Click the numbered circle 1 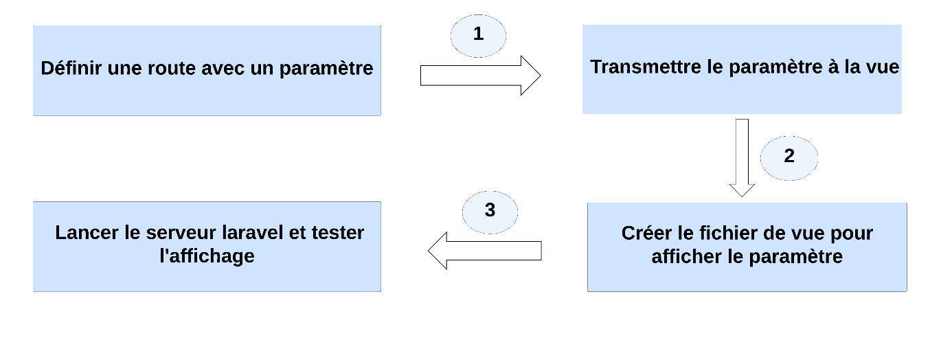point(478,36)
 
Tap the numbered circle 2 point(789,158)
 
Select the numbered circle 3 point(490,212)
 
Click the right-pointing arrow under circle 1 point(480,76)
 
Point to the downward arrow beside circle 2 point(742,158)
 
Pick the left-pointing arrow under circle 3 point(484,251)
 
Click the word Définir point(71,68)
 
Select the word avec point(223,69)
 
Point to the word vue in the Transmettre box point(883,67)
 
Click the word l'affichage point(207,256)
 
